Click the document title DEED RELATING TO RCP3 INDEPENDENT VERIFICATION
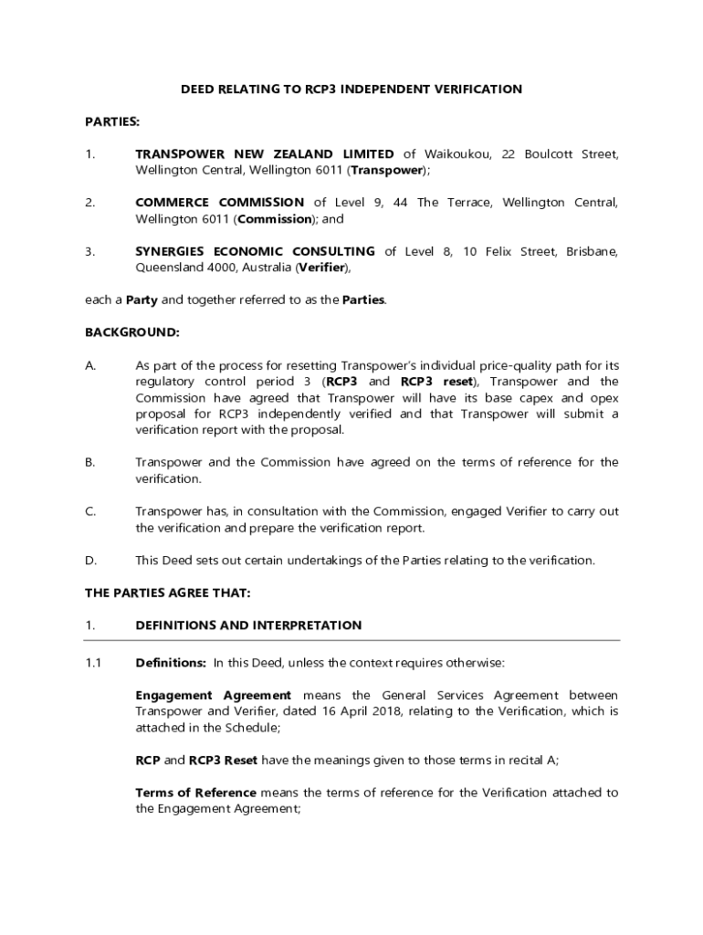(x=351, y=89)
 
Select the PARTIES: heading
(x=112, y=121)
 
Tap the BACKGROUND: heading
(x=132, y=332)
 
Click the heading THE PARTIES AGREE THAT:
(x=167, y=593)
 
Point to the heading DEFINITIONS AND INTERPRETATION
(x=248, y=625)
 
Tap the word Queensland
(x=168, y=268)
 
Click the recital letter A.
(x=90, y=365)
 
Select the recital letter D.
(x=90, y=560)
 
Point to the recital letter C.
(x=90, y=511)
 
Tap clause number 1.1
(x=93, y=662)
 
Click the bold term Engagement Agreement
(x=214, y=695)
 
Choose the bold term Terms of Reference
(x=196, y=793)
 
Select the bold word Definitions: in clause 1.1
(x=171, y=662)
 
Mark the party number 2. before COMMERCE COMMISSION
(x=90, y=202)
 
